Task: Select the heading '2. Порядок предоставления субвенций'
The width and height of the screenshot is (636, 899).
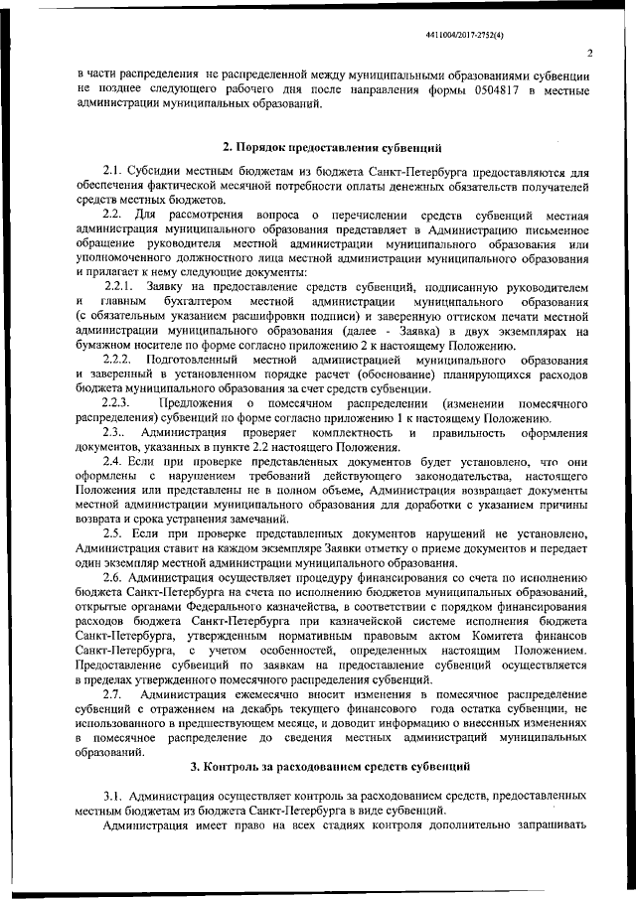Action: point(332,147)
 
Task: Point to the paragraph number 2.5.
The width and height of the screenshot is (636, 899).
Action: point(112,533)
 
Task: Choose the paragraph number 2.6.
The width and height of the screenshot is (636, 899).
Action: point(112,577)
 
